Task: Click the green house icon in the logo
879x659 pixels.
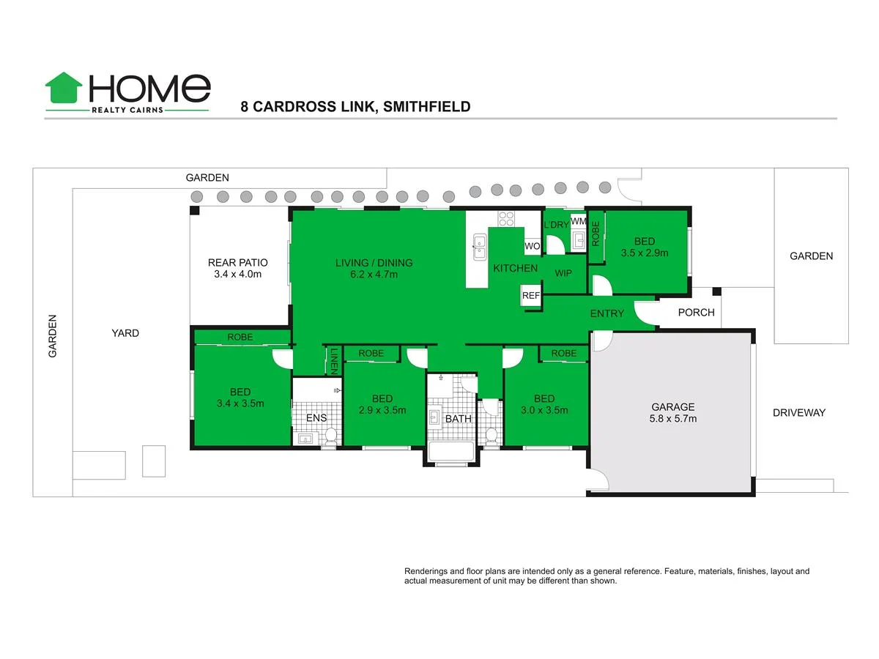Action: [64, 88]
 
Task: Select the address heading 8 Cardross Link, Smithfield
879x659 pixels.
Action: [355, 107]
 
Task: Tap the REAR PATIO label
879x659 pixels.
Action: [237, 268]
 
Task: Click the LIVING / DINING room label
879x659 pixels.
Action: [374, 269]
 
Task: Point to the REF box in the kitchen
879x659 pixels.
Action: [530, 296]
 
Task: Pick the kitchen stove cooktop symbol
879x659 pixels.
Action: [506, 217]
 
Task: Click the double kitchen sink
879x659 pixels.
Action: [479, 247]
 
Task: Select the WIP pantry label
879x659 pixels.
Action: [563, 273]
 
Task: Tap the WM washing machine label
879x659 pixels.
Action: [578, 221]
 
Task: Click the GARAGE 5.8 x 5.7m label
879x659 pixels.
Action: [673, 413]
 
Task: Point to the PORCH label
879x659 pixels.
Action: [696, 313]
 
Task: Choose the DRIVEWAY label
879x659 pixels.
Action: [798, 413]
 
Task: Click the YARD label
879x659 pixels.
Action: [125, 333]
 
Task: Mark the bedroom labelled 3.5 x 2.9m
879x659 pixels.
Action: [645, 247]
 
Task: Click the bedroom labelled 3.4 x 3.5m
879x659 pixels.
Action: [240, 397]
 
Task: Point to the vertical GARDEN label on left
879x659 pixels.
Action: [53, 336]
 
